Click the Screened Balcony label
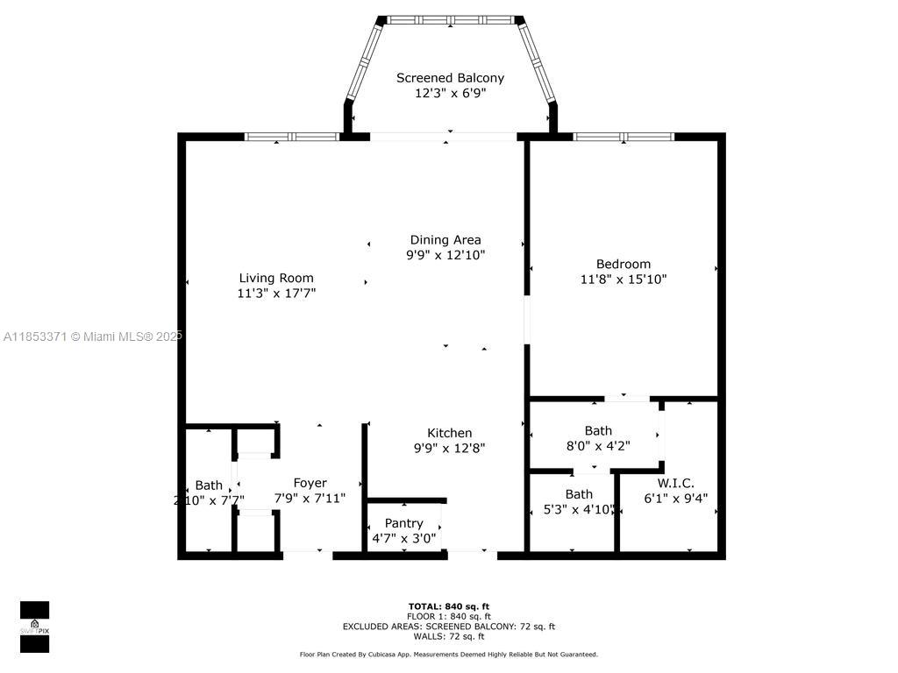click(449, 78)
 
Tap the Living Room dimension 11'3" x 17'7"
click(276, 294)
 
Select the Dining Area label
click(445, 239)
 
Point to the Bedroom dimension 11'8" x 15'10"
click(624, 280)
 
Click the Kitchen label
click(449, 433)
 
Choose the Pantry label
click(403, 523)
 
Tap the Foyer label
click(310, 483)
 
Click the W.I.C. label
click(675, 483)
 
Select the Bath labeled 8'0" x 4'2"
click(598, 430)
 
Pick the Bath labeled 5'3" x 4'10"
click(579, 494)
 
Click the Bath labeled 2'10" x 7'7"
click(209, 485)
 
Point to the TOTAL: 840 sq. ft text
click(449, 606)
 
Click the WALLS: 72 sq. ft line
click(449, 636)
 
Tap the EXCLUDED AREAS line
click(449, 627)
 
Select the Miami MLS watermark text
click(91, 336)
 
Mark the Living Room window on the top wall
click(291, 137)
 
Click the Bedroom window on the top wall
click(624, 137)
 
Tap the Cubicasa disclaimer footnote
click(449, 655)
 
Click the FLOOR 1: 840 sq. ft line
click(449, 616)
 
